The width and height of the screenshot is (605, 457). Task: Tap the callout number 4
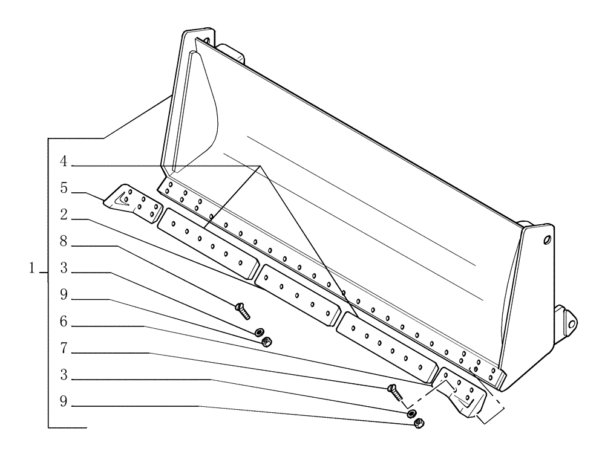(63, 161)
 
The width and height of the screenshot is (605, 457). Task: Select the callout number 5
(63, 188)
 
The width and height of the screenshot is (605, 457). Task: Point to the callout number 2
(63, 215)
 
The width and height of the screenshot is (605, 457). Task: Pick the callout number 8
(63, 242)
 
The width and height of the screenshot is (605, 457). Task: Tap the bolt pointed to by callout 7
(395, 393)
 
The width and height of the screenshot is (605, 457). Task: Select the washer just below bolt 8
(259, 332)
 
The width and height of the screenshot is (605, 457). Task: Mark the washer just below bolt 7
(411, 413)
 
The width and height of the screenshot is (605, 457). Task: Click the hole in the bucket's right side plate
(547, 241)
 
